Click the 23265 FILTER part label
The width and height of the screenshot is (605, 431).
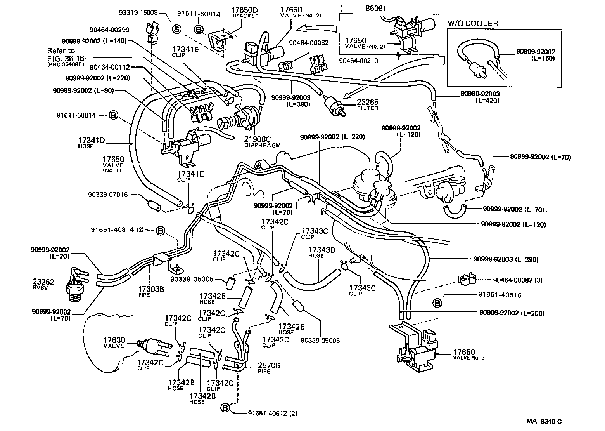pos(367,105)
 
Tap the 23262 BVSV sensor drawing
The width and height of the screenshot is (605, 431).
pos(75,283)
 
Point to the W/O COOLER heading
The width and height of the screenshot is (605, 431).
pos(473,23)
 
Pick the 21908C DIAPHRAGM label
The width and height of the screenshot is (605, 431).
pos(262,142)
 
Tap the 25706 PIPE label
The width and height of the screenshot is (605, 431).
pos(268,368)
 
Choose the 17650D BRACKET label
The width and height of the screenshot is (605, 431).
pos(244,12)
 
